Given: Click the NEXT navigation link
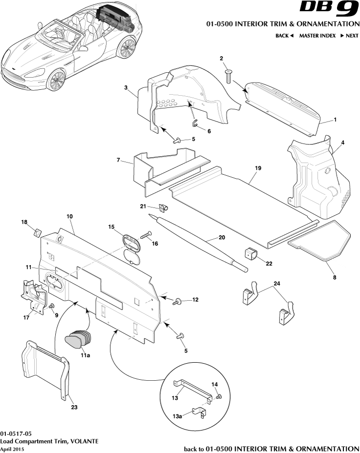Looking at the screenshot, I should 349,36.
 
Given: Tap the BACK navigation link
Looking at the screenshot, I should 284,36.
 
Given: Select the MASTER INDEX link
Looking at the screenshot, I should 317,36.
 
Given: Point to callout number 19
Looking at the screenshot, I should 258,168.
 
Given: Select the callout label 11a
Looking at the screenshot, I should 85,356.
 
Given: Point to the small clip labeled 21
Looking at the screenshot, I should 164,208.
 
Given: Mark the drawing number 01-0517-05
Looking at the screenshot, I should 17,433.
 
